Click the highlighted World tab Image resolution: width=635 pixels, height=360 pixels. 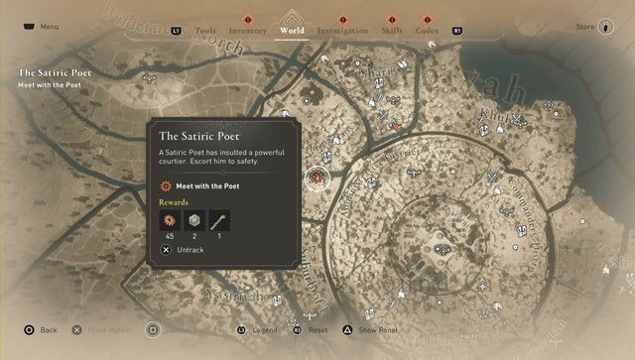tap(292, 31)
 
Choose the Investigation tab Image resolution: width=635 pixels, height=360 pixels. tap(342, 31)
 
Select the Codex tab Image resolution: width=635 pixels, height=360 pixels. tap(428, 31)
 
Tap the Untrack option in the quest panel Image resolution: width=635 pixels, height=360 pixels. tap(189, 251)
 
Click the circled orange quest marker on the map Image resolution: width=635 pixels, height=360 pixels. tap(317, 178)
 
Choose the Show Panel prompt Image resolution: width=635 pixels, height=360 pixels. tap(378, 329)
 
